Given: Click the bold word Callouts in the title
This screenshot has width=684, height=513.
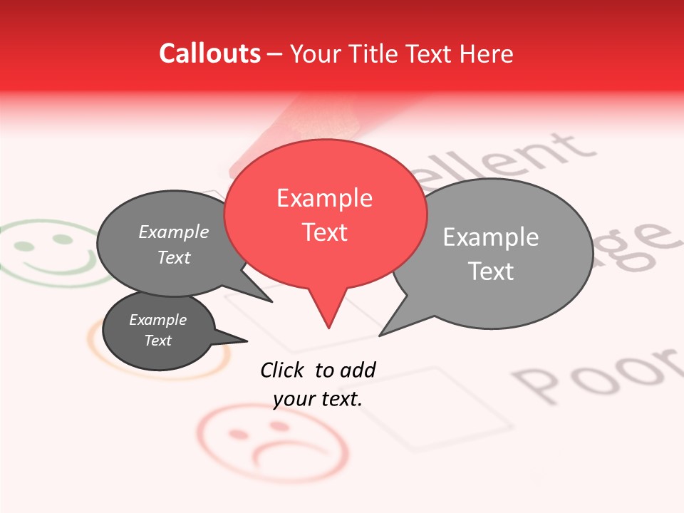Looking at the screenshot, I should pyautogui.click(x=209, y=53).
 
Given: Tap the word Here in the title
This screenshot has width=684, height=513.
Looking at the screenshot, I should pyautogui.click(x=487, y=54).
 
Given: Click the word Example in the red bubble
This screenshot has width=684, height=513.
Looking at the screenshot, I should pyautogui.click(x=324, y=198).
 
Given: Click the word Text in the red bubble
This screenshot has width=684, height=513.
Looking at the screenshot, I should pyautogui.click(x=325, y=232).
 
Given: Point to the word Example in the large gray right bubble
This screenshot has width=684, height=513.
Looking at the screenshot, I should pyautogui.click(x=490, y=237).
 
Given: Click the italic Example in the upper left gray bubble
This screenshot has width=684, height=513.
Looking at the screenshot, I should pyautogui.click(x=174, y=232).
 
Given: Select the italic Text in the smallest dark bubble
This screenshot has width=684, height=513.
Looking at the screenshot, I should pyautogui.click(x=158, y=341).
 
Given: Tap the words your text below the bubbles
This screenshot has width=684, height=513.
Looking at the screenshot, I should pyautogui.click(x=318, y=399).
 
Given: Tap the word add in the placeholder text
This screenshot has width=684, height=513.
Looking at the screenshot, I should pyautogui.click(x=358, y=370).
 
